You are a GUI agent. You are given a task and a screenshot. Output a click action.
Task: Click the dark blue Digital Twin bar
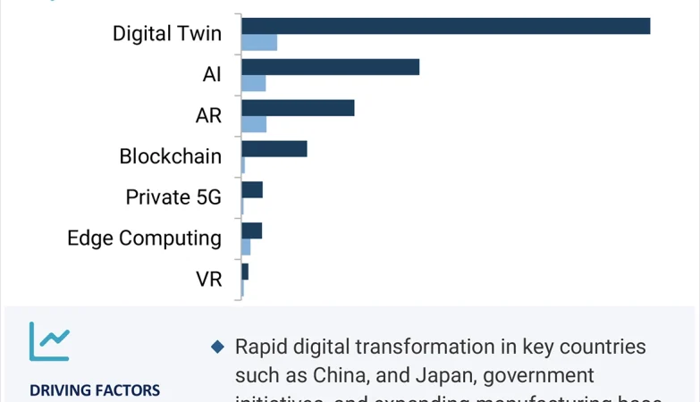tap(445, 26)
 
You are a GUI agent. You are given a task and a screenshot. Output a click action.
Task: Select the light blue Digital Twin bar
tap(259, 42)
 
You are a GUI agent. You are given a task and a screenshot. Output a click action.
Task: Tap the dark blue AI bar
tap(330, 67)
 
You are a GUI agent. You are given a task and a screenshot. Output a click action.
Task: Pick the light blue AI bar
tap(254, 83)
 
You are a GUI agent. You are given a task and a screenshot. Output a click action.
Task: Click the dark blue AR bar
tap(298, 108)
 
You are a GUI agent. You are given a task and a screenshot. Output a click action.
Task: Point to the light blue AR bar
tap(254, 124)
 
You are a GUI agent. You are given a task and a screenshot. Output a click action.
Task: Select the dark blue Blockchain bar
tap(274, 148)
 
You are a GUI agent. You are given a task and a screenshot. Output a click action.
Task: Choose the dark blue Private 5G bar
tap(252, 189)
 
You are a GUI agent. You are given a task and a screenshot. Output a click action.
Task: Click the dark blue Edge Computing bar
tap(251, 230)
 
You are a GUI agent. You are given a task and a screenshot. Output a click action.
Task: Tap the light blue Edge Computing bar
tap(246, 247)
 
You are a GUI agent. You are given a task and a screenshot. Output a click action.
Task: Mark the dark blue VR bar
tap(245, 272)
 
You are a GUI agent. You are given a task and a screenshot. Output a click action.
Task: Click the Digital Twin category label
tap(167, 34)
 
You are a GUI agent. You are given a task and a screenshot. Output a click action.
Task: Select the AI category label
tap(212, 75)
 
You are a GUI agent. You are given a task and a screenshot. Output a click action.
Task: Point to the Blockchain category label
tap(171, 156)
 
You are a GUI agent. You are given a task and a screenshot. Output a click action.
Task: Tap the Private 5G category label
tap(173, 197)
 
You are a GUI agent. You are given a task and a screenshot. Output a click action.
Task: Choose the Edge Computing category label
tap(145, 239)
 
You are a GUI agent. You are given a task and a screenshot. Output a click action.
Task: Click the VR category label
tap(209, 280)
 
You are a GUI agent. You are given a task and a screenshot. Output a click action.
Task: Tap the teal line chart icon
tap(48, 341)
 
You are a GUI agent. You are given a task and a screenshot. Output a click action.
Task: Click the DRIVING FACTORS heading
tap(95, 390)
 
